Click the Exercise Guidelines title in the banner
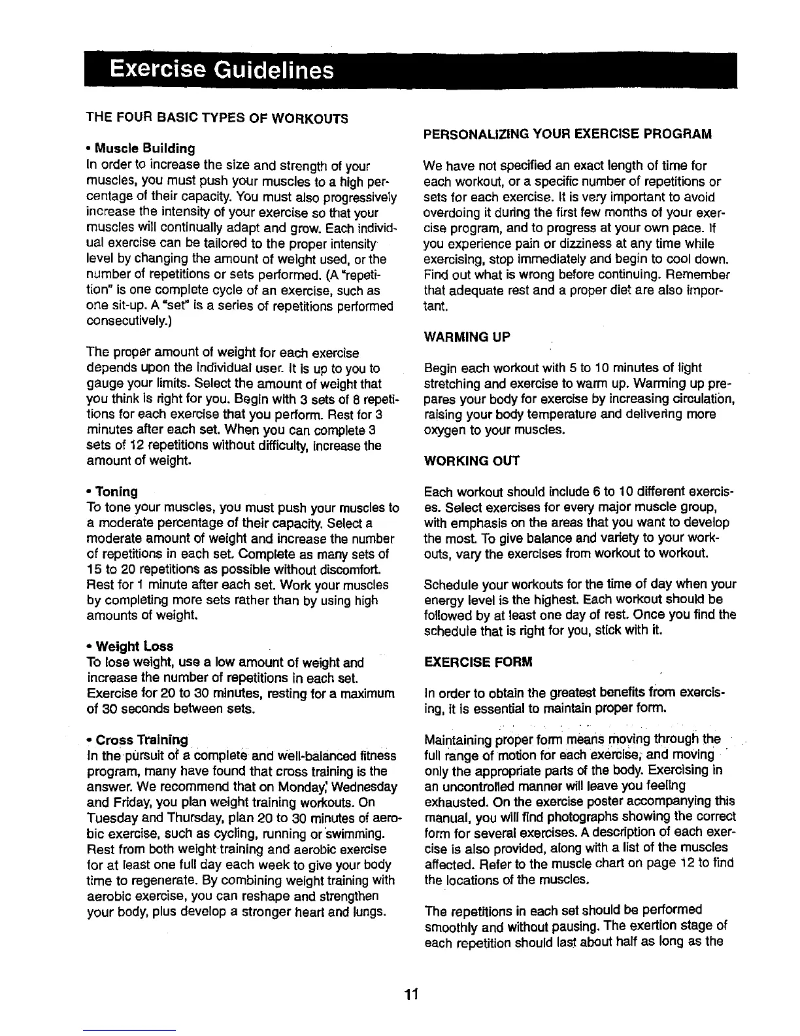click(x=222, y=69)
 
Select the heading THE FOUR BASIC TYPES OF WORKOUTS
click(x=217, y=118)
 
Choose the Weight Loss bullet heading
click(x=133, y=647)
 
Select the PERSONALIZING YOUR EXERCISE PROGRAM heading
click(x=567, y=134)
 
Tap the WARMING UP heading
click(x=467, y=337)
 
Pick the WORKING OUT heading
click(x=471, y=461)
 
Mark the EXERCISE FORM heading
click(x=478, y=663)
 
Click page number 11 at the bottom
click(x=410, y=996)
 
